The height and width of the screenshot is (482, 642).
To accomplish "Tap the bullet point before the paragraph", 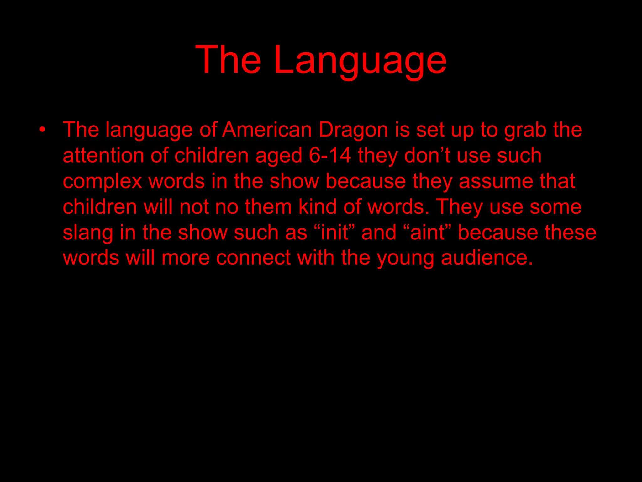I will (x=43, y=129).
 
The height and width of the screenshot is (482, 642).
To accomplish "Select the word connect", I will (x=253, y=258).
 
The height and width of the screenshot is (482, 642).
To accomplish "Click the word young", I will (x=405, y=258).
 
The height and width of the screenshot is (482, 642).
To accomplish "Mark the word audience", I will (x=487, y=258).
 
